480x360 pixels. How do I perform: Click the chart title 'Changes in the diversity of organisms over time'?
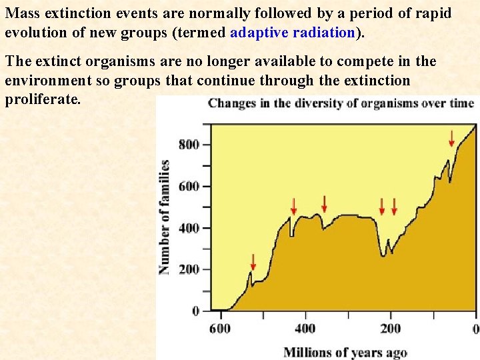341,103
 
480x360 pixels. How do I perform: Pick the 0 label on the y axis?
196,311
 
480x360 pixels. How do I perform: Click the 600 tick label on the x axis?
219,328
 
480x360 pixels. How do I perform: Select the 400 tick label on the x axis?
305,328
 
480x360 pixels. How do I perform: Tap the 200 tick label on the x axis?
391,328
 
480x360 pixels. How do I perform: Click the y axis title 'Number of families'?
164,217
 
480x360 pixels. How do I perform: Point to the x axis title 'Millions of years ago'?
345,352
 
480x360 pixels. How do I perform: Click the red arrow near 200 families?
253,261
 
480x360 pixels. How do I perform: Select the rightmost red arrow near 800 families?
451,138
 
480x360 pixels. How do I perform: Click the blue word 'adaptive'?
259,33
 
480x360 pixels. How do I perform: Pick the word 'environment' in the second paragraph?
46,81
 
